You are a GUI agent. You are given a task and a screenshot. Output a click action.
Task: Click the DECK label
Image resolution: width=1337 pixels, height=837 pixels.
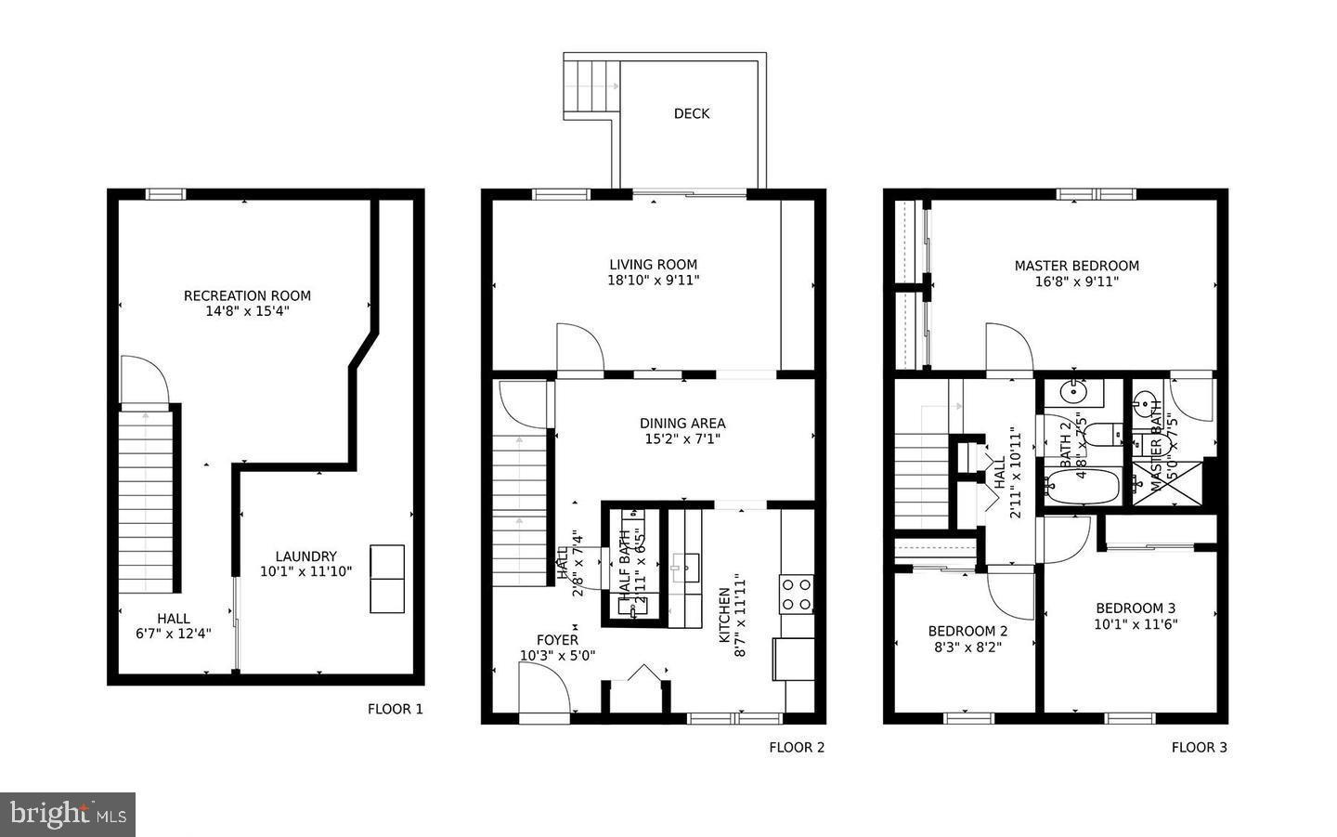[x=691, y=113]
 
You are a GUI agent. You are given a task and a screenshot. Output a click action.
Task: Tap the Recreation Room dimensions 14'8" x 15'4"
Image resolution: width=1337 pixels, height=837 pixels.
[x=247, y=312]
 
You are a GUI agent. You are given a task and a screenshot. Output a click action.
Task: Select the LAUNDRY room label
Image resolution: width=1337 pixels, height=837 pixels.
[x=305, y=556]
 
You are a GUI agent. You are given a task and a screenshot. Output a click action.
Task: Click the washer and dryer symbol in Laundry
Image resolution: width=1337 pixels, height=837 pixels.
[x=387, y=579]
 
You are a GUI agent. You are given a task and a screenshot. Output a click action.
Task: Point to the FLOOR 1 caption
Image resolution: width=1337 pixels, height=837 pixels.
[x=395, y=709]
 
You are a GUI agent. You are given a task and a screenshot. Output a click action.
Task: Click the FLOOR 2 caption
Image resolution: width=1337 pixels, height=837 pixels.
[x=797, y=747]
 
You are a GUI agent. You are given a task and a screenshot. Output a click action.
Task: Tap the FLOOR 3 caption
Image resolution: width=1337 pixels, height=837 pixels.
[x=1199, y=747]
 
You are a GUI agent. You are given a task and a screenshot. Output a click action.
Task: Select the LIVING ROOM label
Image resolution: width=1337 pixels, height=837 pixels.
[x=653, y=265]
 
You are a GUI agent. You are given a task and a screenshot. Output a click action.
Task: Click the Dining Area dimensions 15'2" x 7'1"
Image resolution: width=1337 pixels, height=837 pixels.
[x=682, y=439]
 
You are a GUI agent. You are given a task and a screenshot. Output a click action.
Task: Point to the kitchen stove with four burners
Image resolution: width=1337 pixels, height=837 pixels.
[x=797, y=595]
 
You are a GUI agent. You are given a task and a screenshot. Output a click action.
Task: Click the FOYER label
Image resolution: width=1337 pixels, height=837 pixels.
[x=557, y=640]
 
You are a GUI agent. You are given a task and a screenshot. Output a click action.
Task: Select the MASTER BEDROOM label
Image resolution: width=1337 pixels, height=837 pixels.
[x=1076, y=266]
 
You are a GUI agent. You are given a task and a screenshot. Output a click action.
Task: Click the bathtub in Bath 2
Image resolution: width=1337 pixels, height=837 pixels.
[x=1083, y=487]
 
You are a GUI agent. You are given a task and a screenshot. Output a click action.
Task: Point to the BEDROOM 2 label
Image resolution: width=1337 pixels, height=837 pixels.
[x=967, y=631]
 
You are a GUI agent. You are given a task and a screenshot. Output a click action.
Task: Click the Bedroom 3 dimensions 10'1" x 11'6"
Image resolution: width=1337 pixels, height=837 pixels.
[x=1136, y=624]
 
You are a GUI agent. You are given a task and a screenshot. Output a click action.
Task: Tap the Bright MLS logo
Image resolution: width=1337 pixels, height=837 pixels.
[x=68, y=815]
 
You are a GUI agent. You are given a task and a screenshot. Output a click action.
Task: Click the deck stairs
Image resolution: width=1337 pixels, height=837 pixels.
[x=591, y=86]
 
